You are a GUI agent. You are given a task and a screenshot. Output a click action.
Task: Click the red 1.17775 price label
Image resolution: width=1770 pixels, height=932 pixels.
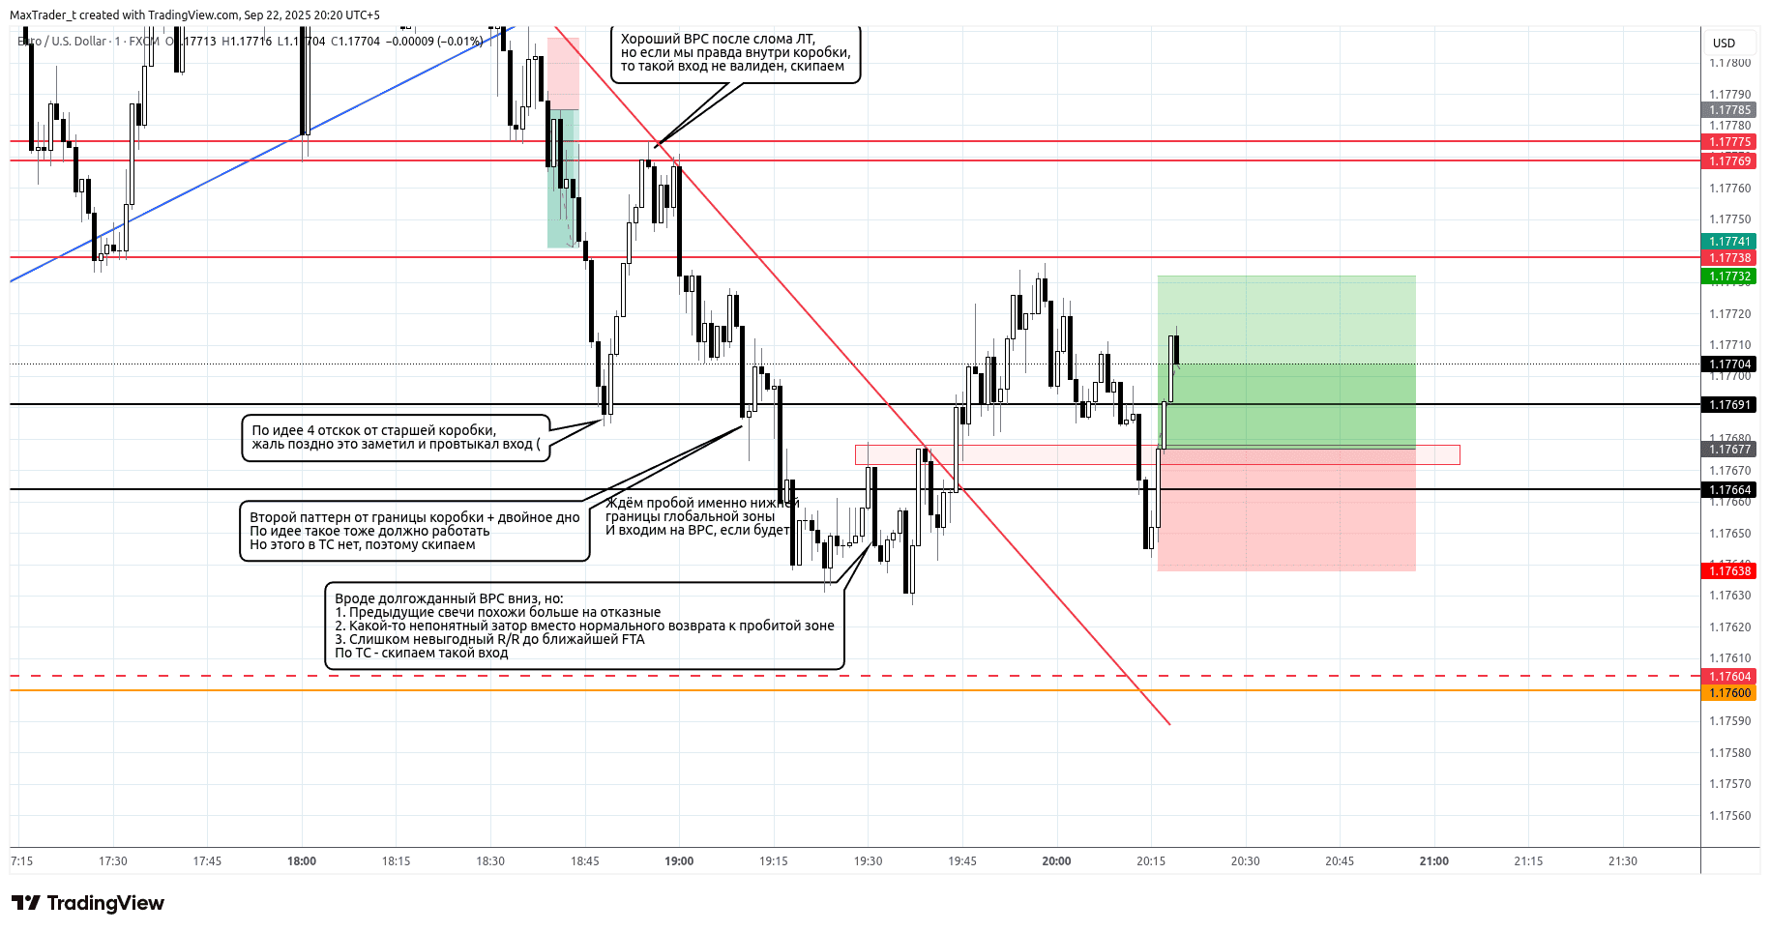click(1729, 142)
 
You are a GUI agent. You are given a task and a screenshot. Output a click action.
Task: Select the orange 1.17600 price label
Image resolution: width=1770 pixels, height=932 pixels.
click(1729, 693)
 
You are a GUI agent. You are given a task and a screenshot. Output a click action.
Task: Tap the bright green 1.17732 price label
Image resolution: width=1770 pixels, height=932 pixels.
click(1729, 277)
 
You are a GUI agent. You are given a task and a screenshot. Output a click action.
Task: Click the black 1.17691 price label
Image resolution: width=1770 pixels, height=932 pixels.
click(1729, 405)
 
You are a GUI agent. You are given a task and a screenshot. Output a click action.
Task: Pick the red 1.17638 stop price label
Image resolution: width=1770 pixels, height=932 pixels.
click(1729, 571)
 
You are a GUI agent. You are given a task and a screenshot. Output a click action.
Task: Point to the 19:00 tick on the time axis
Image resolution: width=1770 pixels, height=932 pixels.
click(679, 860)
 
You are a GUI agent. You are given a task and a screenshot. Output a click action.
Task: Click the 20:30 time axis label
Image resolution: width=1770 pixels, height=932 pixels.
click(1245, 860)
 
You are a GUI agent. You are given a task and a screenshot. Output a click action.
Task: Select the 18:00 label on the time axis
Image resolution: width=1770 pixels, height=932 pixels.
click(302, 860)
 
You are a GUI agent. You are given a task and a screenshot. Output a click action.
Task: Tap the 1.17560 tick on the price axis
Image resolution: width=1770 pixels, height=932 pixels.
click(1729, 815)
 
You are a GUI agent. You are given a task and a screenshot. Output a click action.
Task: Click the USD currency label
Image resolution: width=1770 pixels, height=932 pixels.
click(1724, 43)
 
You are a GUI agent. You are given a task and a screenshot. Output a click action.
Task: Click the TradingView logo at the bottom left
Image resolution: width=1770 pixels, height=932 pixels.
click(88, 903)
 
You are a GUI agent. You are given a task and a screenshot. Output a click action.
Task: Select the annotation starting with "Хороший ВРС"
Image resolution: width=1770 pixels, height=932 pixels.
click(735, 53)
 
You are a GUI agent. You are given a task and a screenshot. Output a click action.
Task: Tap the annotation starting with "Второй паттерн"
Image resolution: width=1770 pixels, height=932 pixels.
click(414, 531)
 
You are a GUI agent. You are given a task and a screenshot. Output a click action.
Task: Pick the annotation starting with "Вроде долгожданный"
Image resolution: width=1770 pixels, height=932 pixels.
click(584, 626)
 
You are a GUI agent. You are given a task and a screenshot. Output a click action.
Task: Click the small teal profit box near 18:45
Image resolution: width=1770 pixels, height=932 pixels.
click(562, 179)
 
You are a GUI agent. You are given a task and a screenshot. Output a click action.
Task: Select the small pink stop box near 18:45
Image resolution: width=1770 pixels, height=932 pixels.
click(563, 73)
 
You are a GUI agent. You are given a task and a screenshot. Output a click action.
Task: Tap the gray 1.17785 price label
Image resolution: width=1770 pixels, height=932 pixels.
click(1729, 110)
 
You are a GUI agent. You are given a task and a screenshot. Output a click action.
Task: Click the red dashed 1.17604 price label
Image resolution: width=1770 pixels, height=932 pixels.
click(1729, 677)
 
